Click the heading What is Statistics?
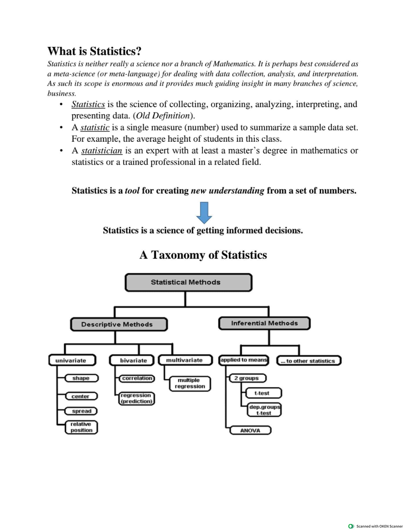click(x=94, y=51)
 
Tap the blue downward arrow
click(x=204, y=213)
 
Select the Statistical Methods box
click(x=188, y=282)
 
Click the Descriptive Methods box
click(x=119, y=324)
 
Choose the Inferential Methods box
click(x=264, y=323)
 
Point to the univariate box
click(x=72, y=360)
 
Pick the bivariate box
click(x=132, y=360)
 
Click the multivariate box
click(x=185, y=360)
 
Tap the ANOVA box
click(x=250, y=430)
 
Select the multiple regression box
click(x=190, y=383)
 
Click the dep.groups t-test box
click(x=264, y=410)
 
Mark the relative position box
click(x=81, y=427)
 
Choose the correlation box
click(x=137, y=378)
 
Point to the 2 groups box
click(x=247, y=378)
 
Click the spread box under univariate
click(x=82, y=411)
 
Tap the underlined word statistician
click(x=101, y=151)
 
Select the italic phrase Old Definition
click(x=164, y=116)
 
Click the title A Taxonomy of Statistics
click(x=203, y=255)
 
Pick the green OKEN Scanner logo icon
click(x=351, y=526)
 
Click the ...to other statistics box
click(x=309, y=361)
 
